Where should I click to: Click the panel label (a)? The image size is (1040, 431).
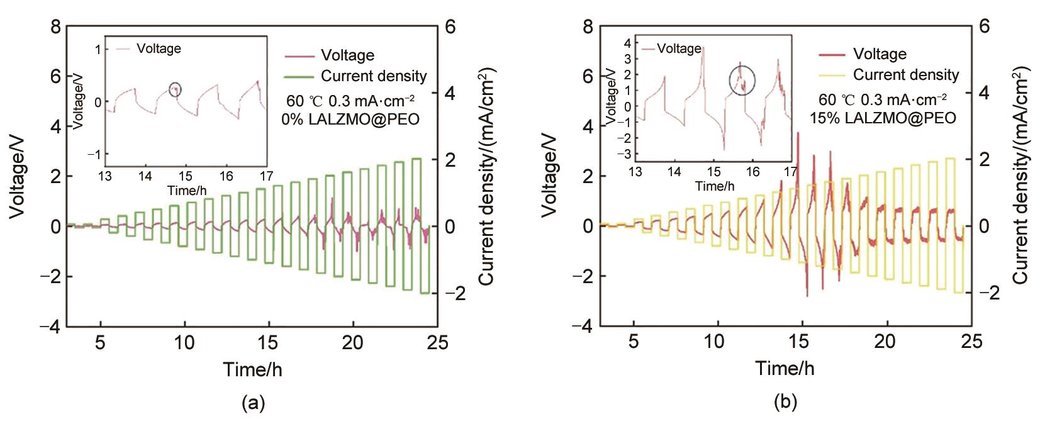pyautogui.click(x=253, y=404)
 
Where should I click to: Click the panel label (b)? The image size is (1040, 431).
pyautogui.click(x=785, y=404)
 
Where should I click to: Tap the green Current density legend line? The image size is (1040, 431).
pyautogui.click(x=299, y=77)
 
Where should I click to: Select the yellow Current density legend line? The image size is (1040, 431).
pyautogui.click(x=832, y=76)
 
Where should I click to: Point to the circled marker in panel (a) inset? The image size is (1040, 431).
pyautogui.click(x=175, y=89)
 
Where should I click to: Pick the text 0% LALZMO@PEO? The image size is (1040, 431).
pyautogui.click(x=351, y=118)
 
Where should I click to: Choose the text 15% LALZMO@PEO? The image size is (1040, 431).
pyautogui.click(x=883, y=118)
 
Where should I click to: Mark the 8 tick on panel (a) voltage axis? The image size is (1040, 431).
pyautogui.click(x=56, y=27)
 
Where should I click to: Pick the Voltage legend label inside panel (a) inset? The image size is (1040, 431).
pyautogui.click(x=159, y=49)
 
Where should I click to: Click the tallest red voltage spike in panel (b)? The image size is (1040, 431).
pyautogui.click(x=798, y=133)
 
